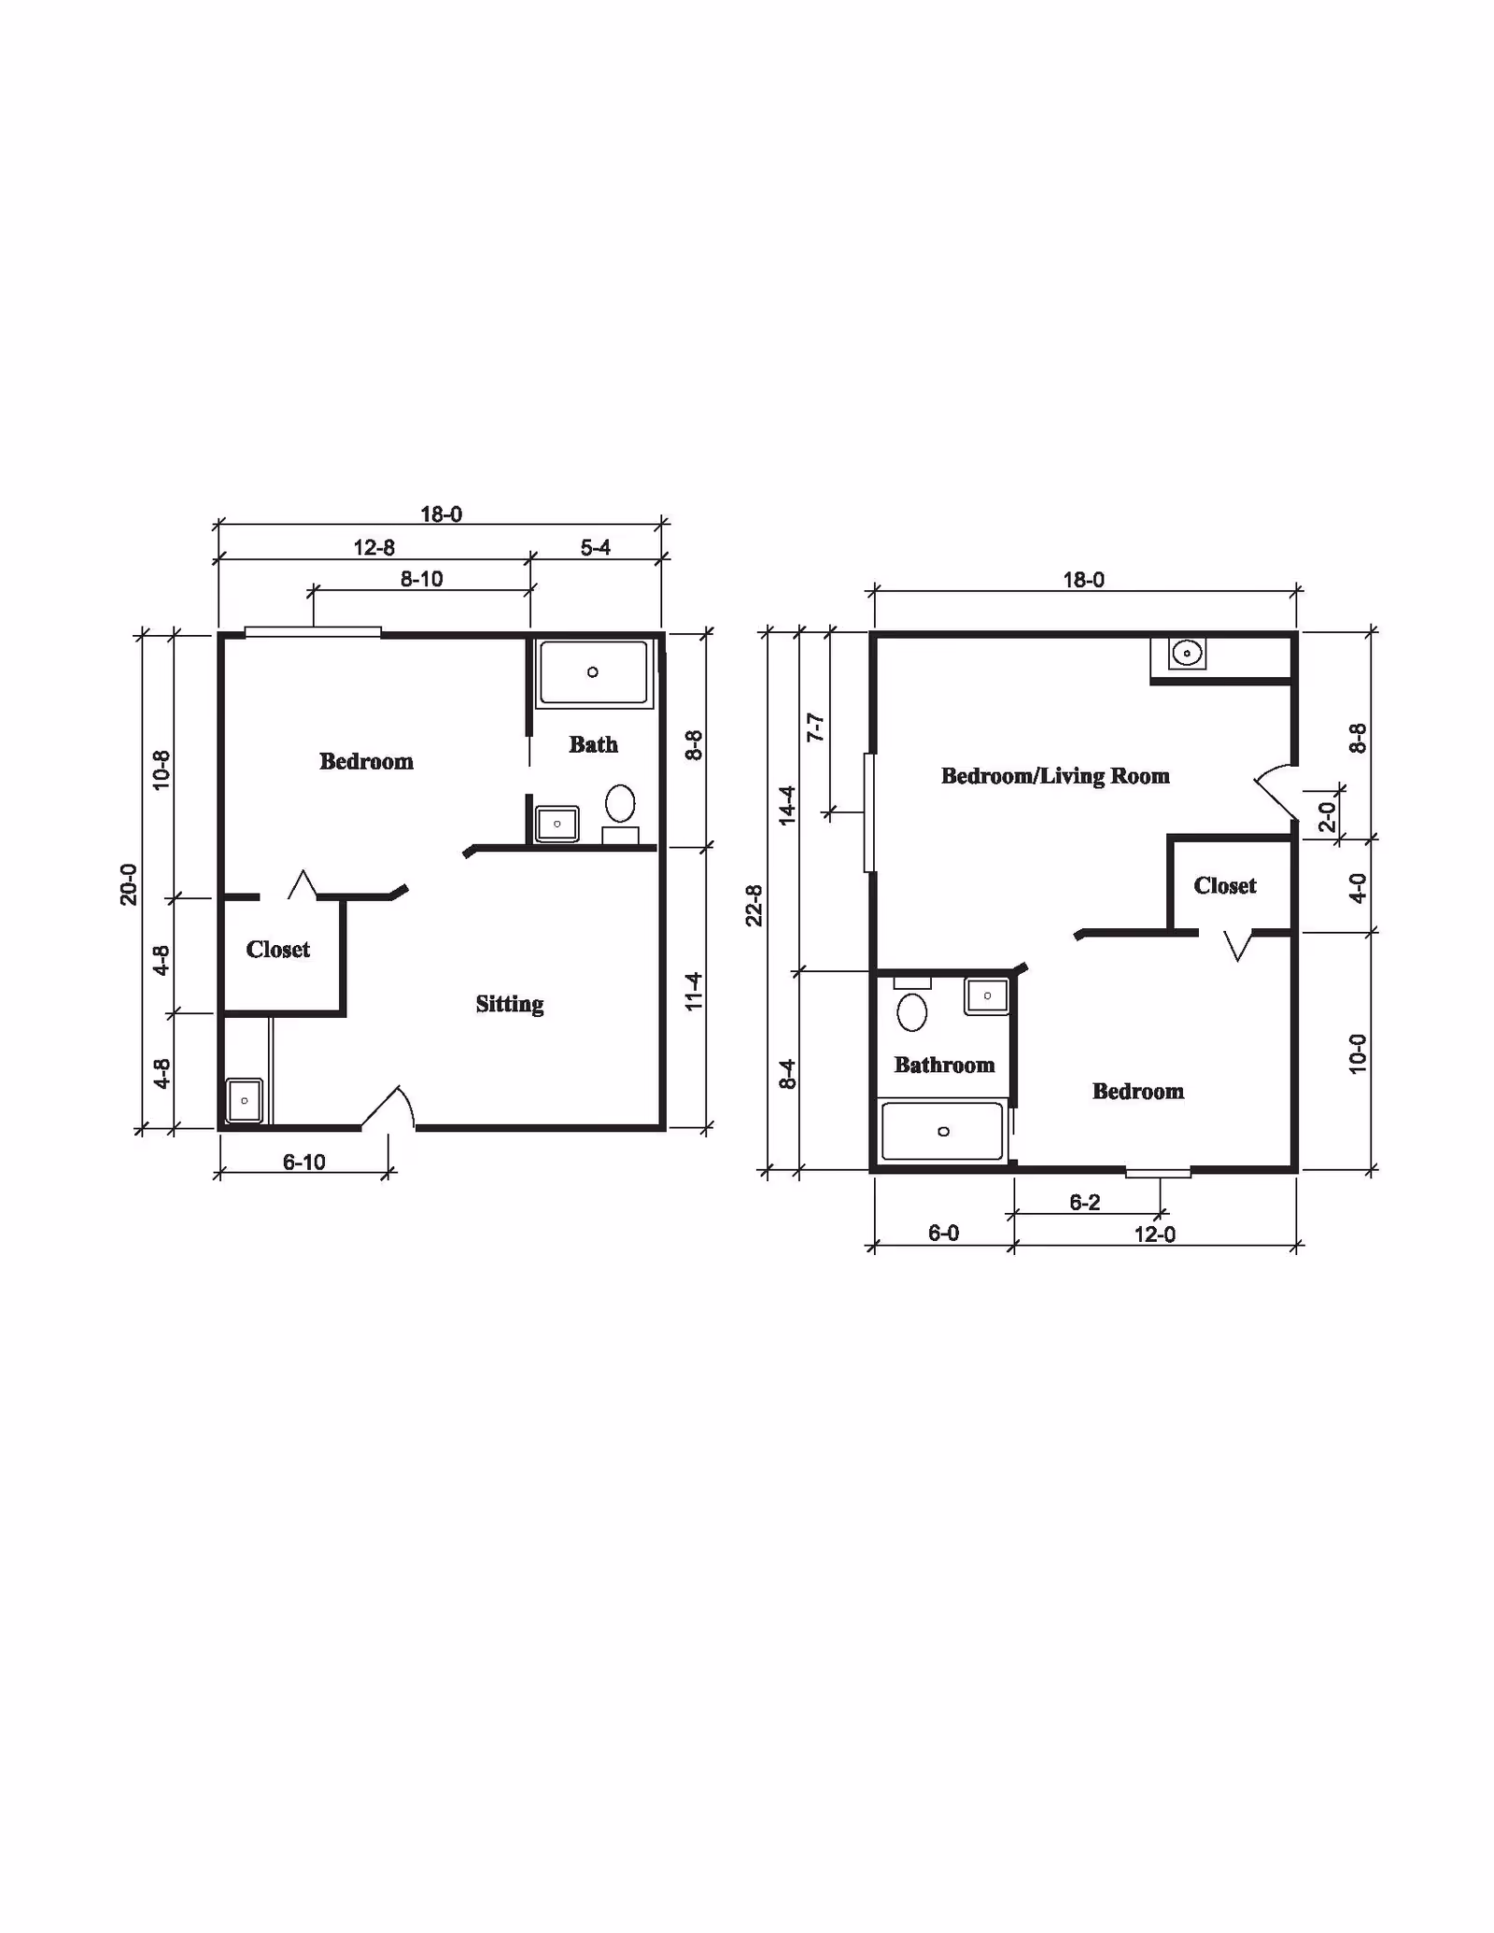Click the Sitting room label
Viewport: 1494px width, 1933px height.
509,1004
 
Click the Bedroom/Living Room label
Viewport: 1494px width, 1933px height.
1054,776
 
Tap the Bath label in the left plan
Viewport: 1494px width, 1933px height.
593,744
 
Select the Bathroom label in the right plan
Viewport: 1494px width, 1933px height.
944,1065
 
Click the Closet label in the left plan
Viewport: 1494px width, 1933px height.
277,950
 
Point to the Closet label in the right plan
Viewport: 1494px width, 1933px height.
1224,885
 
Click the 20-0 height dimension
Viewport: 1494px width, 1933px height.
129,883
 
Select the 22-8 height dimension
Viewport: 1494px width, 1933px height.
754,905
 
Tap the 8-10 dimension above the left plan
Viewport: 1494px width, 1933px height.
421,579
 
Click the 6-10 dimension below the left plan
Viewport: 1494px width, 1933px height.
303,1162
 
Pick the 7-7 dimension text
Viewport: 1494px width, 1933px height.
815,727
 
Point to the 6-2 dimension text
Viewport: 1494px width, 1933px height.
1084,1202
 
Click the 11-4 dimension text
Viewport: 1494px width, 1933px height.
693,991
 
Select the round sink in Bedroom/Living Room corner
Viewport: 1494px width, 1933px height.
1187,653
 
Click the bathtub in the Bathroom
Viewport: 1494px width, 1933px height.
942,1132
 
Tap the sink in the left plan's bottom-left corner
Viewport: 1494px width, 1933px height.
244,1101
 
